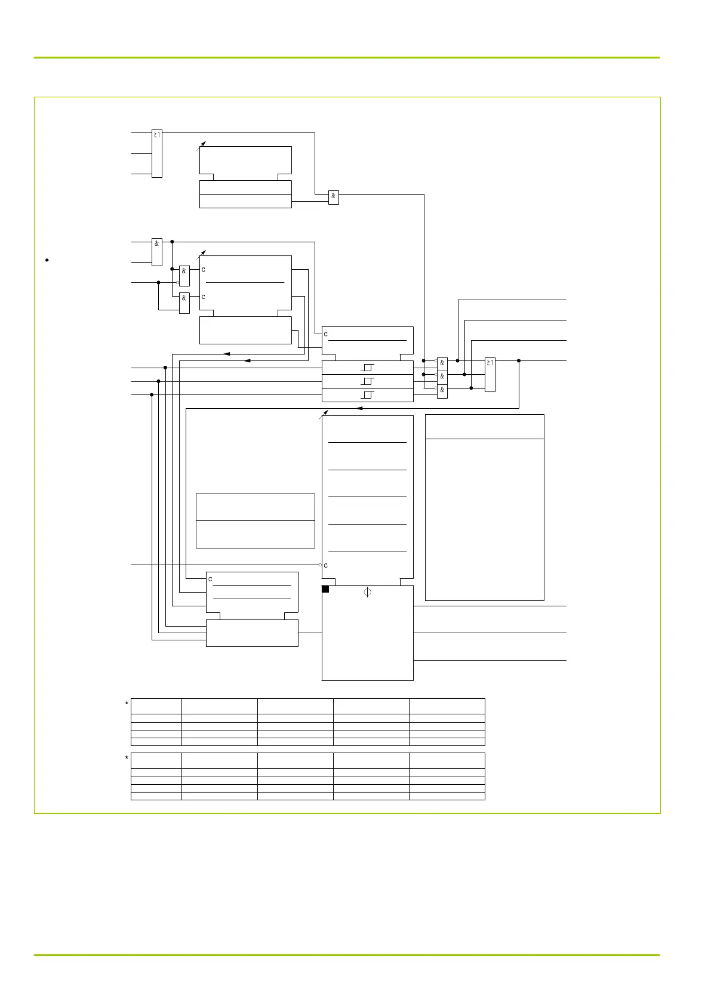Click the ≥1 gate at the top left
pyautogui.click(x=157, y=153)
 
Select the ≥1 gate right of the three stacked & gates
pyautogui.click(x=490, y=374)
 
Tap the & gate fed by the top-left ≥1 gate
pyautogui.click(x=334, y=197)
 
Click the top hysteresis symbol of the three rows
pyautogui.click(x=368, y=367)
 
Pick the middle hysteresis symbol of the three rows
pyautogui.click(x=368, y=381)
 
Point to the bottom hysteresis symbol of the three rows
pyautogui.click(x=368, y=394)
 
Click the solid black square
pyautogui.click(x=325, y=589)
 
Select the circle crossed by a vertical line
pyautogui.click(x=367, y=592)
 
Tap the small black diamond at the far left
pyautogui.click(x=47, y=260)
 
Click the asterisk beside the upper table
pyautogui.click(x=127, y=704)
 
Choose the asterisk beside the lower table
pyautogui.click(x=127, y=759)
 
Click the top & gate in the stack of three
pyautogui.click(x=442, y=363)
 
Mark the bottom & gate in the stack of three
pyautogui.click(x=442, y=390)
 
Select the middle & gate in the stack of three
pyautogui.click(x=442, y=377)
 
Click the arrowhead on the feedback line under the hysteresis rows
pyautogui.click(x=359, y=408)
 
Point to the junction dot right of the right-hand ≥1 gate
pyautogui.click(x=519, y=360)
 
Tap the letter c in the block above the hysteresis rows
pyautogui.click(x=326, y=334)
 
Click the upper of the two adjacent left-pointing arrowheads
pyautogui.click(x=226, y=354)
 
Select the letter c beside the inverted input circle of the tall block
pyautogui.click(x=326, y=565)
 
